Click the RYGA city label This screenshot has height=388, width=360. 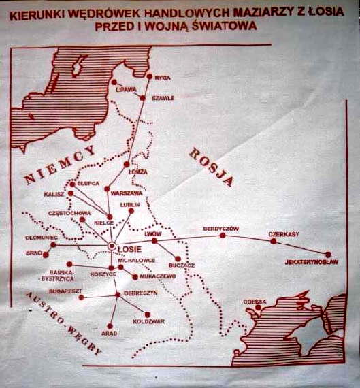point(163,78)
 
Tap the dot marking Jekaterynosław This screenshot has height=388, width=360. point(328,254)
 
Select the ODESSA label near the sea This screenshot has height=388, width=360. point(255,301)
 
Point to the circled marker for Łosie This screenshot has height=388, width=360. point(112,247)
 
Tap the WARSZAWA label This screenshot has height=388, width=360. point(126,193)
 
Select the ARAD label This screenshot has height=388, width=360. point(109,335)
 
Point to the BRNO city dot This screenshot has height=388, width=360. point(46,255)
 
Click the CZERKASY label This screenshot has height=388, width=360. point(284,234)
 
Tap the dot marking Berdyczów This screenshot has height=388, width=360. point(222,235)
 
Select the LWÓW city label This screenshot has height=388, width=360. point(153,233)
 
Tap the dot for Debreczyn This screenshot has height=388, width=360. point(118,294)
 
